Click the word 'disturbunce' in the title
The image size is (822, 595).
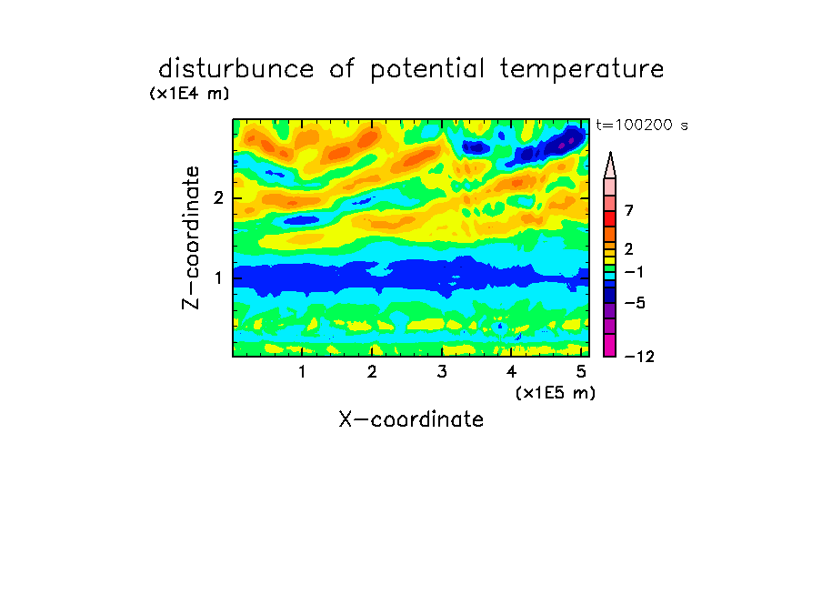point(236,69)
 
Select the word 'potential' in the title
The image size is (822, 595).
point(427,70)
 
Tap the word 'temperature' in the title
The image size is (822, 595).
point(582,70)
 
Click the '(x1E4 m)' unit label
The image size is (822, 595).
point(189,94)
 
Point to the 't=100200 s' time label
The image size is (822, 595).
point(642,125)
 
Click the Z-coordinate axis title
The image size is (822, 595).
point(191,237)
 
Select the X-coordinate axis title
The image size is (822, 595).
point(411,419)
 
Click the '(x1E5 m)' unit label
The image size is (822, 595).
point(556,393)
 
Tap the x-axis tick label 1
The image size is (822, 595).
point(302,372)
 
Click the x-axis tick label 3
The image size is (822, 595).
point(442,372)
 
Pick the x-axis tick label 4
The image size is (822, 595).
point(512,372)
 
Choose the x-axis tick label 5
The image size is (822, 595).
point(581,372)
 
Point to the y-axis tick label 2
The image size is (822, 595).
point(218,198)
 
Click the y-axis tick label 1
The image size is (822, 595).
point(218,278)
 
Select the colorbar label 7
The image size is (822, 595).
point(629,210)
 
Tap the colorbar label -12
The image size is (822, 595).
point(639,357)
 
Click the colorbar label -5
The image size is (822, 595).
point(635,303)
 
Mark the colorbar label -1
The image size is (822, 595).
point(634,272)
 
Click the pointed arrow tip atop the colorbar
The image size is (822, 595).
point(610,153)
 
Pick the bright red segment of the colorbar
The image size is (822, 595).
point(610,218)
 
